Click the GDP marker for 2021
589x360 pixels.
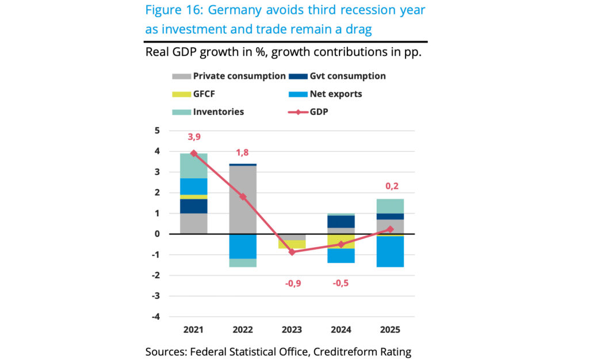point(194,154)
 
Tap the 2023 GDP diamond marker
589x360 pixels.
point(292,252)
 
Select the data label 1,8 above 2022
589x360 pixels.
point(243,154)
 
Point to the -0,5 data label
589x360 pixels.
point(341,283)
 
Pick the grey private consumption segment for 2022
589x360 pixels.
point(243,199)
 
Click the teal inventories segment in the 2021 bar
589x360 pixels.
point(194,166)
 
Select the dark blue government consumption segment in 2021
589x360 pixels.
point(194,206)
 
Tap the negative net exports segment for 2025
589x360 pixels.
point(391,252)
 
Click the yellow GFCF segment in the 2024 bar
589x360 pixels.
point(341,241)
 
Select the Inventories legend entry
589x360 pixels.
point(218,112)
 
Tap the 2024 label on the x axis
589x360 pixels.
point(341,330)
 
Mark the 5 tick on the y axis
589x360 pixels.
point(157,131)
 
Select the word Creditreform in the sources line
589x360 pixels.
point(342,352)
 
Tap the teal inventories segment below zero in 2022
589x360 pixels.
point(243,263)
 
